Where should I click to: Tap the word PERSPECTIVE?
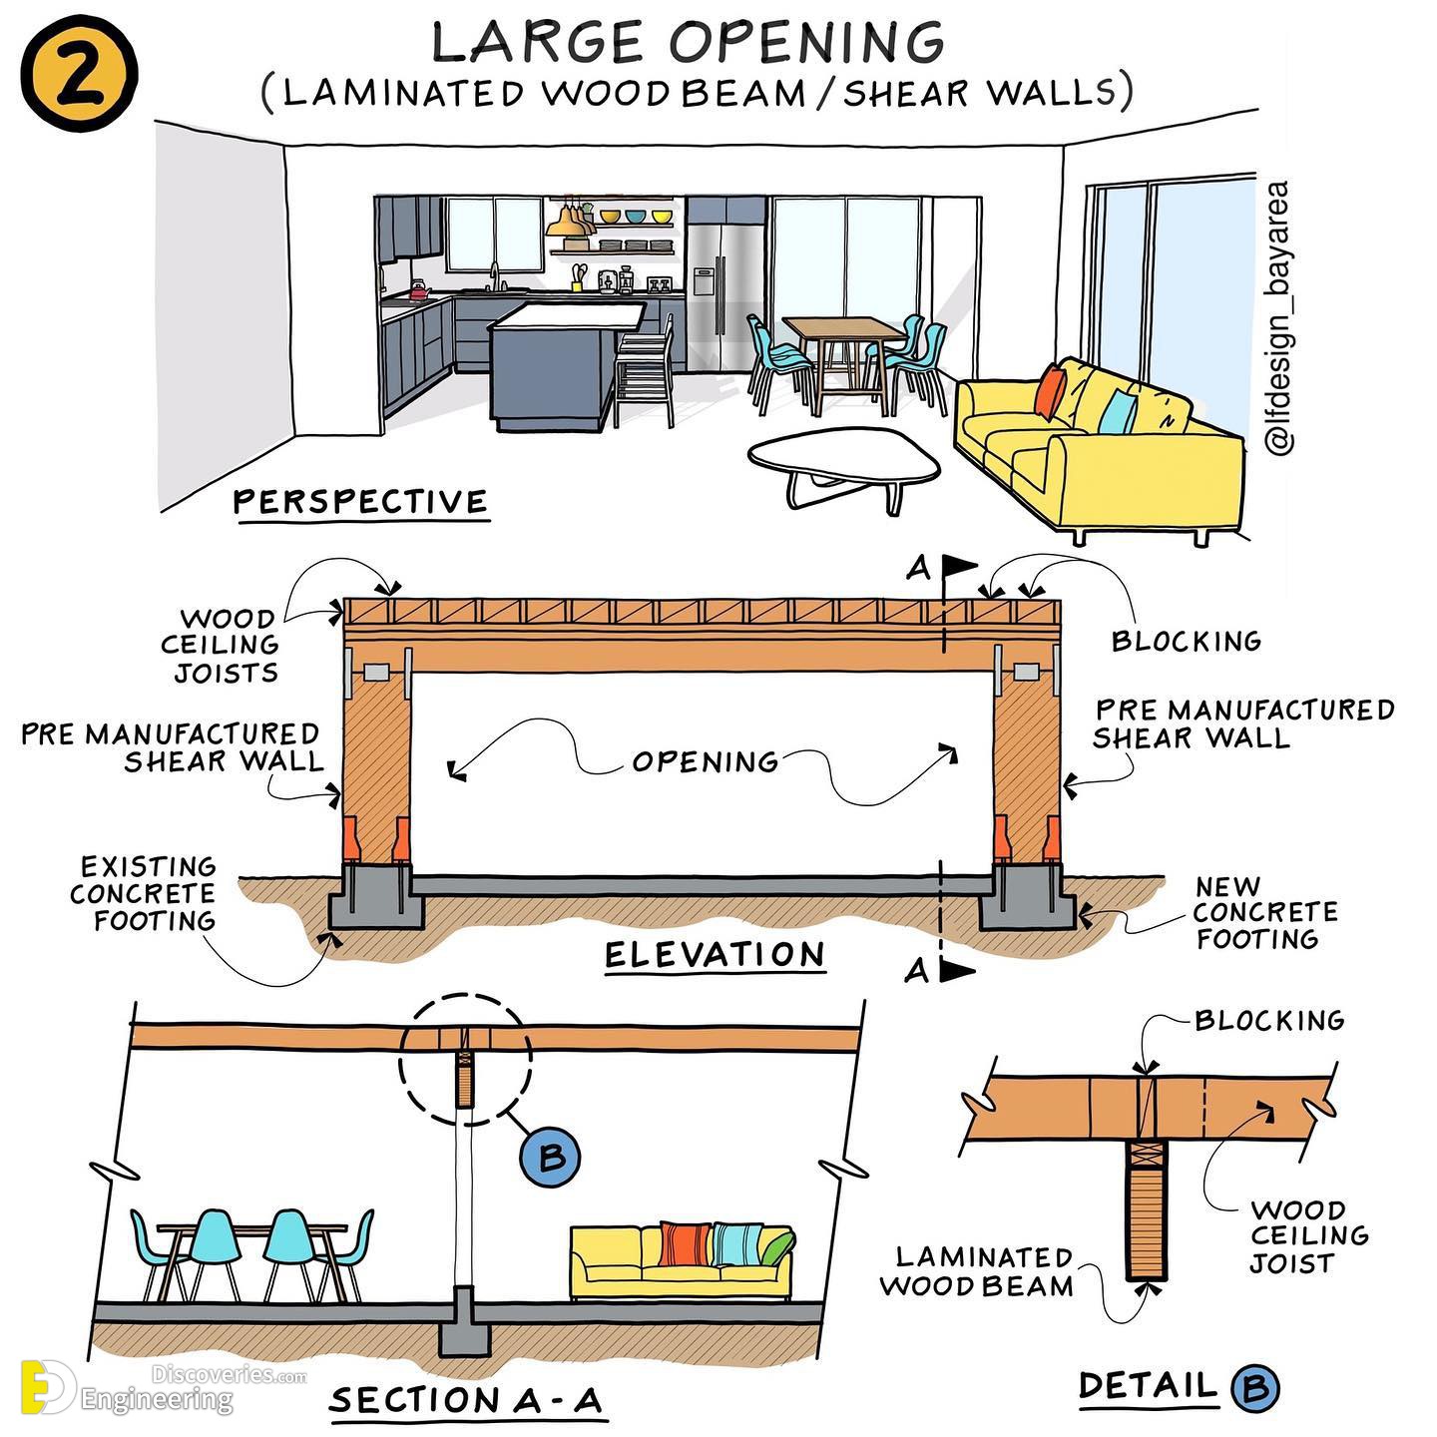[x=361, y=502]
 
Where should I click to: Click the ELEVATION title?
[x=715, y=955]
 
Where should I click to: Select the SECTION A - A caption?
[x=466, y=1400]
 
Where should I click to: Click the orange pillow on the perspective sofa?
[x=1051, y=389]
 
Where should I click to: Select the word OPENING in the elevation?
[x=705, y=761]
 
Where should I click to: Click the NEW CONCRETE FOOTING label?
[x=1265, y=913]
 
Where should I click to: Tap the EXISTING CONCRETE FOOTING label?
[x=143, y=893]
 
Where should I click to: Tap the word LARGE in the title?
[x=538, y=42]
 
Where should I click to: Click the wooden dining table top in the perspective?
[x=843, y=328]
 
